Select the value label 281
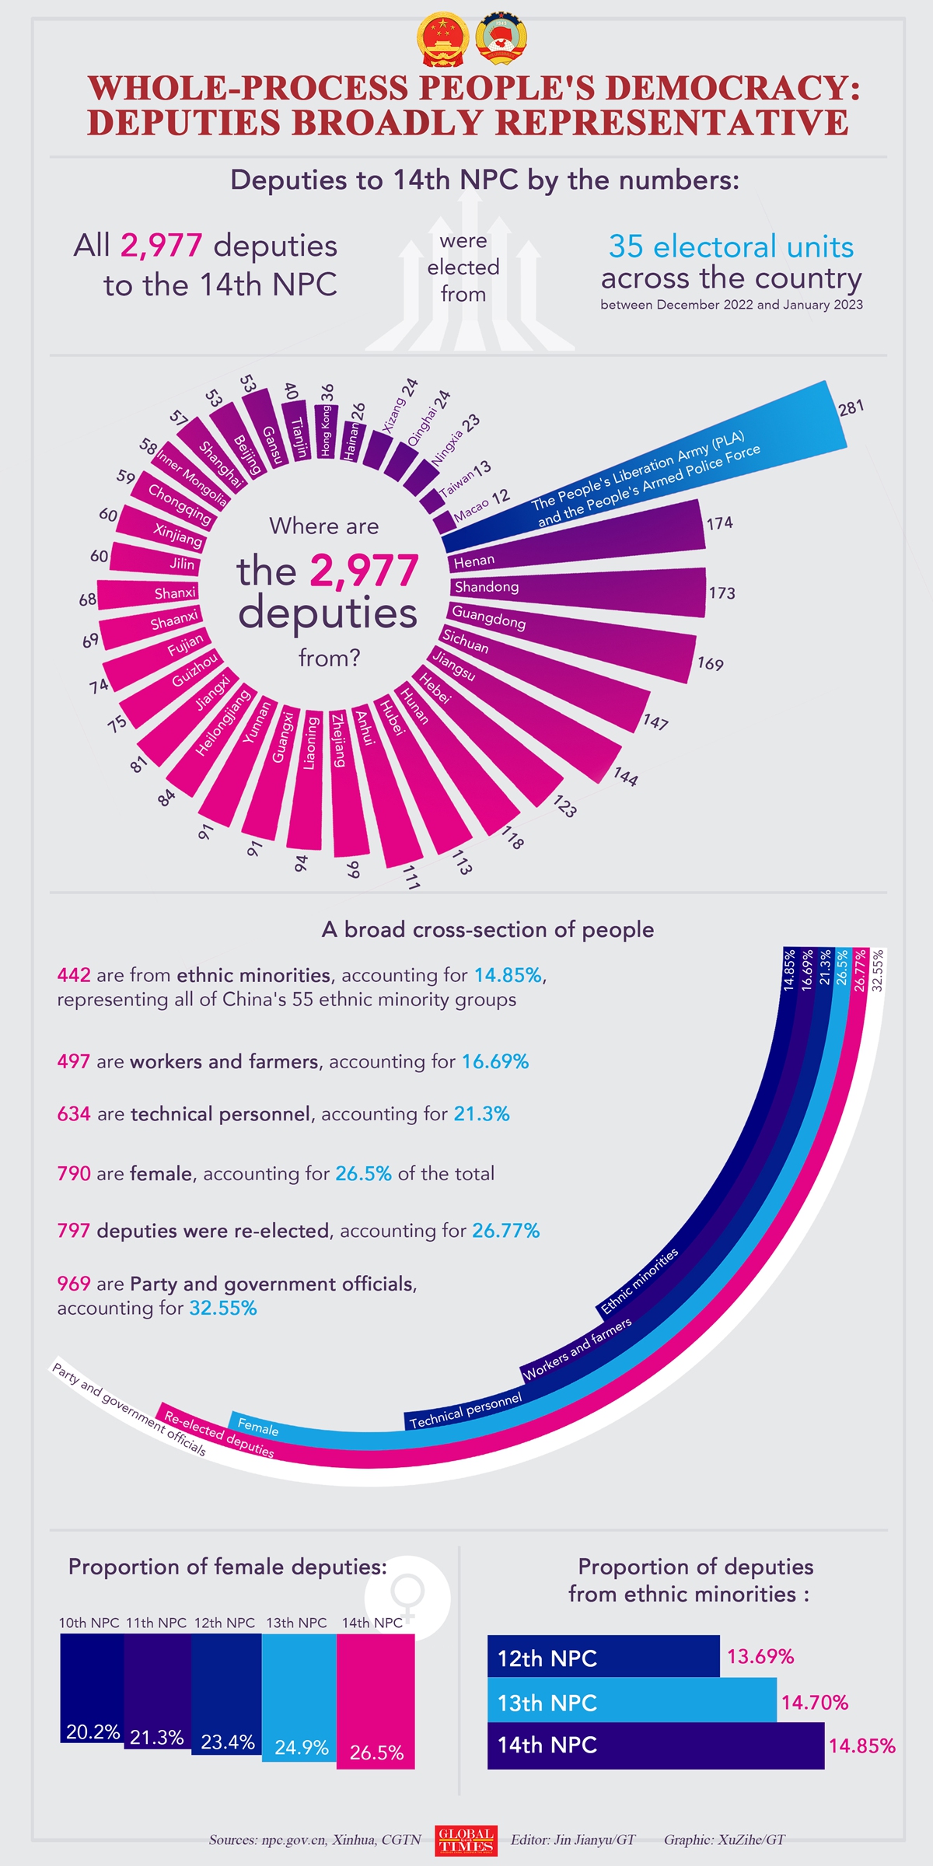pyautogui.click(x=851, y=407)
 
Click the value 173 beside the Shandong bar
pyautogui.click(x=722, y=593)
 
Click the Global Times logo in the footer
pyautogui.click(x=466, y=1840)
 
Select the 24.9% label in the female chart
pyautogui.click(x=302, y=1748)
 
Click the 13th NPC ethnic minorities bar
pyautogui.click(x=631, y=1702)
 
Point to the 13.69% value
pyautogui.click(x=760, y=1657)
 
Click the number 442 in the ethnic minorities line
pyautogui.click(x=74, y=975)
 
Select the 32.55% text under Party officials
pyautogui.click(x=223, y=1309)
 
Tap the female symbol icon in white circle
pyautogui.click(x=407, y=1595)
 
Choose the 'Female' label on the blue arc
pyautogui.click(x=258, y=1427)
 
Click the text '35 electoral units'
pyautogui.click(x=731, y=246)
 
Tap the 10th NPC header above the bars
pyautogui.click(x=89, y=1623)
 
